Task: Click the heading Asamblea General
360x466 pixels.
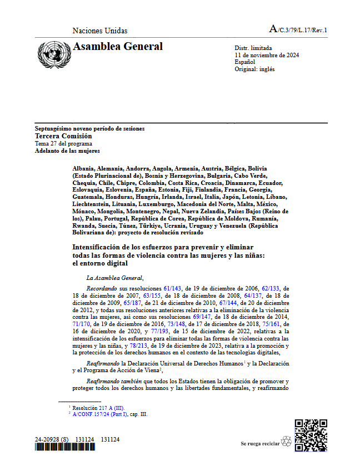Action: [x=118, y=47]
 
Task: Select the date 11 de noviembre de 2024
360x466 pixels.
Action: [x=267, y=56]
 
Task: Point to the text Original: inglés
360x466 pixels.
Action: [x=254, y=69]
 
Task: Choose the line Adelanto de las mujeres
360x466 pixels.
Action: [x=67, y=151]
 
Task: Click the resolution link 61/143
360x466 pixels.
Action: [x=172, y=289]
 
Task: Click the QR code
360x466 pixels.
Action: [x=311, y=435]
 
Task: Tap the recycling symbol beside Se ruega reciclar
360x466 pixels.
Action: [x=287, y=442]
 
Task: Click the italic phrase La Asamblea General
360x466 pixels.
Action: [x=115, y=278]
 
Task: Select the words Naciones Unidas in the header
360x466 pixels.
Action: [x=100, y=31]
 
